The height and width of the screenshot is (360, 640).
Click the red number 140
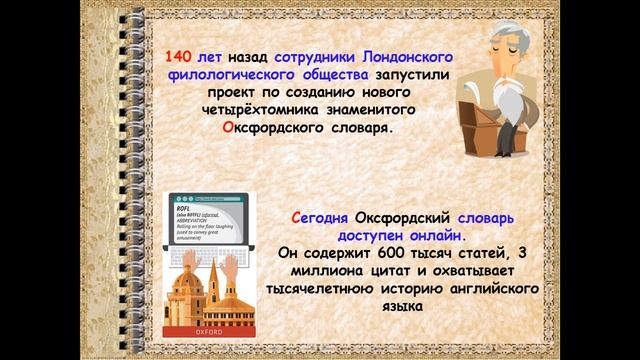pos(180,56)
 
